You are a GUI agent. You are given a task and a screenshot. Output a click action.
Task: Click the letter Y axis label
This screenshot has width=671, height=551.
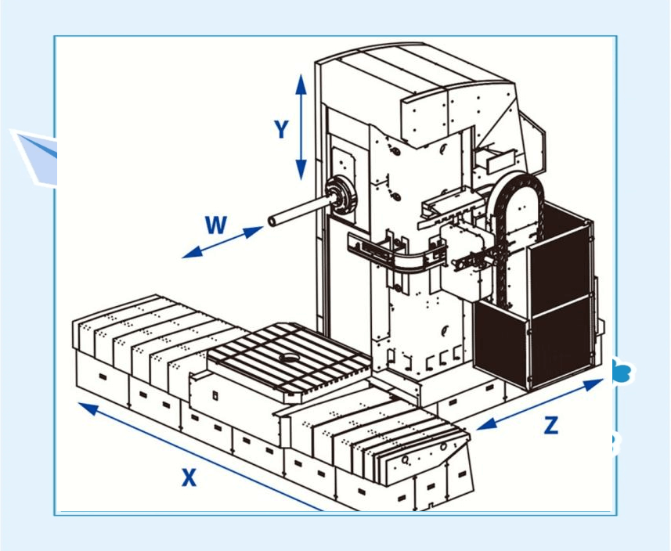point(282,130)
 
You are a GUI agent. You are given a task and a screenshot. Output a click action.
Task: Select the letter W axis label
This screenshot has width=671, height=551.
point(216,226)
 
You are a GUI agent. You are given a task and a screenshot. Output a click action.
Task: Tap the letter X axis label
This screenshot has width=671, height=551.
point(189,477)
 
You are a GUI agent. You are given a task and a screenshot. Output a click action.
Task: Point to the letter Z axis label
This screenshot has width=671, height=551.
point(551,425)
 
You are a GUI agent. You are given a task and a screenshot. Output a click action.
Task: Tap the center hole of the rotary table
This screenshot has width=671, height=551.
point(289,358)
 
